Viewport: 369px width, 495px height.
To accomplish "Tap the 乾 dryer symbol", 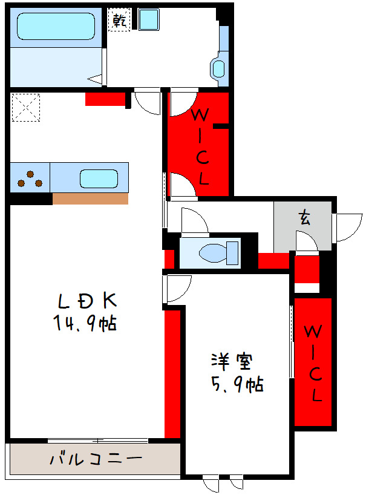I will click(119, 21).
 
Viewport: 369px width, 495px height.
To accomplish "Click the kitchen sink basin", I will click(99, 179).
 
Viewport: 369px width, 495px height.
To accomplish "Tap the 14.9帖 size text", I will click(84, 324).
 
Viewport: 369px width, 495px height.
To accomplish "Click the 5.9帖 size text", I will click(236, 384).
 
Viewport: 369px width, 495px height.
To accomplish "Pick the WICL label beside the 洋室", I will click(313, 362).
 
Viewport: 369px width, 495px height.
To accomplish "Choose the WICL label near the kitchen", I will click(201, 146).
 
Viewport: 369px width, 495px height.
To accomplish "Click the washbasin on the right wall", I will click(217, 68).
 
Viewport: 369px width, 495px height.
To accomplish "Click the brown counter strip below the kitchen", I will click(90, 198).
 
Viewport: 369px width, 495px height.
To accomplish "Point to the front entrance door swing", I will click(347, 226).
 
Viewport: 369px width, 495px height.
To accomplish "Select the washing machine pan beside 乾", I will click(147, 21).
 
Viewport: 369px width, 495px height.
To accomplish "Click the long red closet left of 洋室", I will click(172, 372).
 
